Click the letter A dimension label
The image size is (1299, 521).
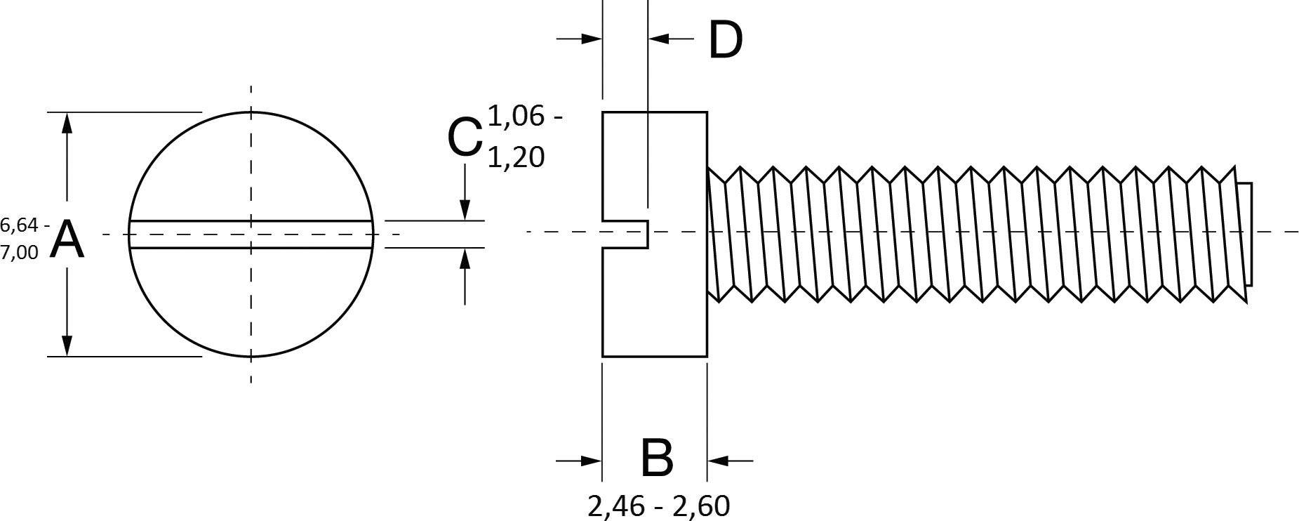68,240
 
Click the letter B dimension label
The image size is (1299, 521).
656,459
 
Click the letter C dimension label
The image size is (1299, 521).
464,137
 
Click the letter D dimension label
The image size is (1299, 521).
725,40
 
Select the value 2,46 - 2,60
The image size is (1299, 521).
658,506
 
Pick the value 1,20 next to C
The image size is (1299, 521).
515,157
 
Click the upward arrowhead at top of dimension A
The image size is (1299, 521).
67,124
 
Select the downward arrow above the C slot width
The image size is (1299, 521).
464,209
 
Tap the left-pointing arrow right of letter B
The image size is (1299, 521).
719,461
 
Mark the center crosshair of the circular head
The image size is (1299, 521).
251,234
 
